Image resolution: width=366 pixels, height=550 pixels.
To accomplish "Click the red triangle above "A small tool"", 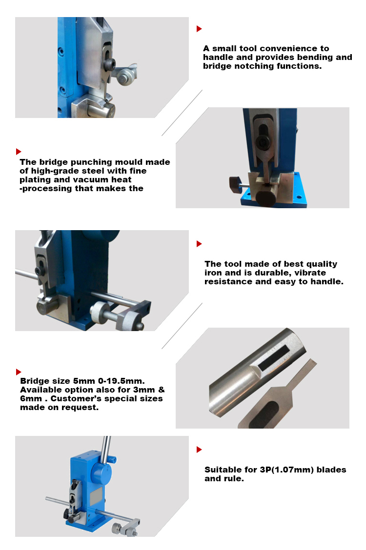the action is tap(199, 29).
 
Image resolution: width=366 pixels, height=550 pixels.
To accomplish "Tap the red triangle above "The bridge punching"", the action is tap(19, 152).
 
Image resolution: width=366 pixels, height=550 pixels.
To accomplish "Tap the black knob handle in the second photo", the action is tap(236, 182).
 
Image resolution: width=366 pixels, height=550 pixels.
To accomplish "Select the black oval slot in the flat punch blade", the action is tap(264, 414).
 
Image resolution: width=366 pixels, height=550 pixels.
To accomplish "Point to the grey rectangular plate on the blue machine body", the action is tap(96, 496).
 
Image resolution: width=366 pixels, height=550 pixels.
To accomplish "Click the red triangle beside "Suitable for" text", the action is tap(199, 450).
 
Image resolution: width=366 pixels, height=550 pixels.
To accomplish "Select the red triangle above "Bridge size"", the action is tap(19, 372).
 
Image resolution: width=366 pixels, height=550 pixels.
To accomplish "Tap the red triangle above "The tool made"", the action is tap(199, 244).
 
